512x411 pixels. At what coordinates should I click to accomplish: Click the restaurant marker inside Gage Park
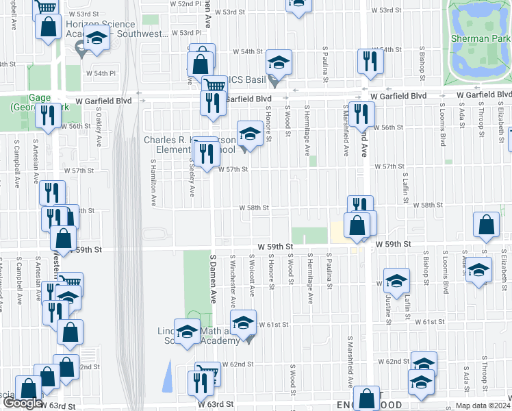click(47, 114)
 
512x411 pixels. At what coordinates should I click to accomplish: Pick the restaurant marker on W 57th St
click(207, 153)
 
